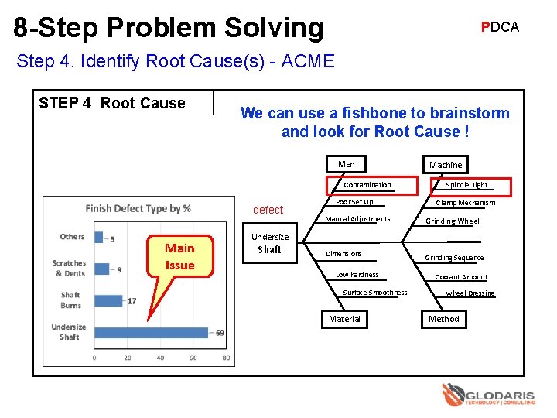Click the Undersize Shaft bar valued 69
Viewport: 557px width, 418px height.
[151, 332]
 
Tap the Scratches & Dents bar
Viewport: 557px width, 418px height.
[101, 269]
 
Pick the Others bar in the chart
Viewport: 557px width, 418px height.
[98, 238]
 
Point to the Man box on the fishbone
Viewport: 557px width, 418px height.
[346, 164]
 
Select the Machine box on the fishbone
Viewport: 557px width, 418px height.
[446, 165]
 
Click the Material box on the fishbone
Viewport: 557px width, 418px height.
[344, 319]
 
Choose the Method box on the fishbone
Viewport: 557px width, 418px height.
[444, 319]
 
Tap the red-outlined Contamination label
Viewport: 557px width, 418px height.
[367, 185]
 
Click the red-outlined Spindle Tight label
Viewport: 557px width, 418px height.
[466, 186]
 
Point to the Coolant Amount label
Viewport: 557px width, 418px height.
[461, 277]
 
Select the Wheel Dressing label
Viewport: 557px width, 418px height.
[470, 293]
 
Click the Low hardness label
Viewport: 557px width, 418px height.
[357, 275]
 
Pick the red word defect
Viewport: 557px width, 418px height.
[268, 210]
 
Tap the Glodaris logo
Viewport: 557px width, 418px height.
[487, 396]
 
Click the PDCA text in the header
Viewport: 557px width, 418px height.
[500, 27]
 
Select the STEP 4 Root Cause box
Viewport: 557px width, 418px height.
[124, 103]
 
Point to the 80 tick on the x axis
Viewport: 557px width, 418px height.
[226, 358]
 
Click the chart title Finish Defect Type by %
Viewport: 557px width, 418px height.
[138, 208]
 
